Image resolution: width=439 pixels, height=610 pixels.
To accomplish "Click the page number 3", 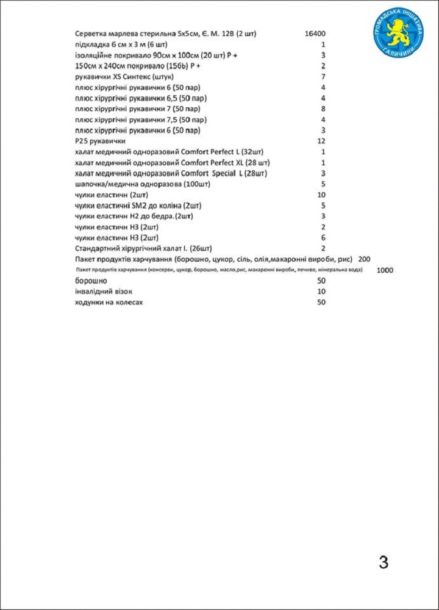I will click(384, 562).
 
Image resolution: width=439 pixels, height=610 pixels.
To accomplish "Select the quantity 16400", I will click(315, 34).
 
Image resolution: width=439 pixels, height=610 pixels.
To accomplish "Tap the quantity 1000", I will click(385, 270).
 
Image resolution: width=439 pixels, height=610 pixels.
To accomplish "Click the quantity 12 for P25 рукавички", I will click(322, 141).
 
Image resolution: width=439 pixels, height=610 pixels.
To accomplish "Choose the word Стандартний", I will click(97, 248).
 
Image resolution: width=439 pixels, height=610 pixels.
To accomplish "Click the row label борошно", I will click(91, 281).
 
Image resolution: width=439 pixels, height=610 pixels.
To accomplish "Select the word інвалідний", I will click(93, 292).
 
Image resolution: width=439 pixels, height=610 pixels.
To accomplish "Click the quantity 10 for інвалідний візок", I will click(321, 292).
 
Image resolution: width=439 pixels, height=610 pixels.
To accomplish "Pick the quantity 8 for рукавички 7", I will click(323, 109).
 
